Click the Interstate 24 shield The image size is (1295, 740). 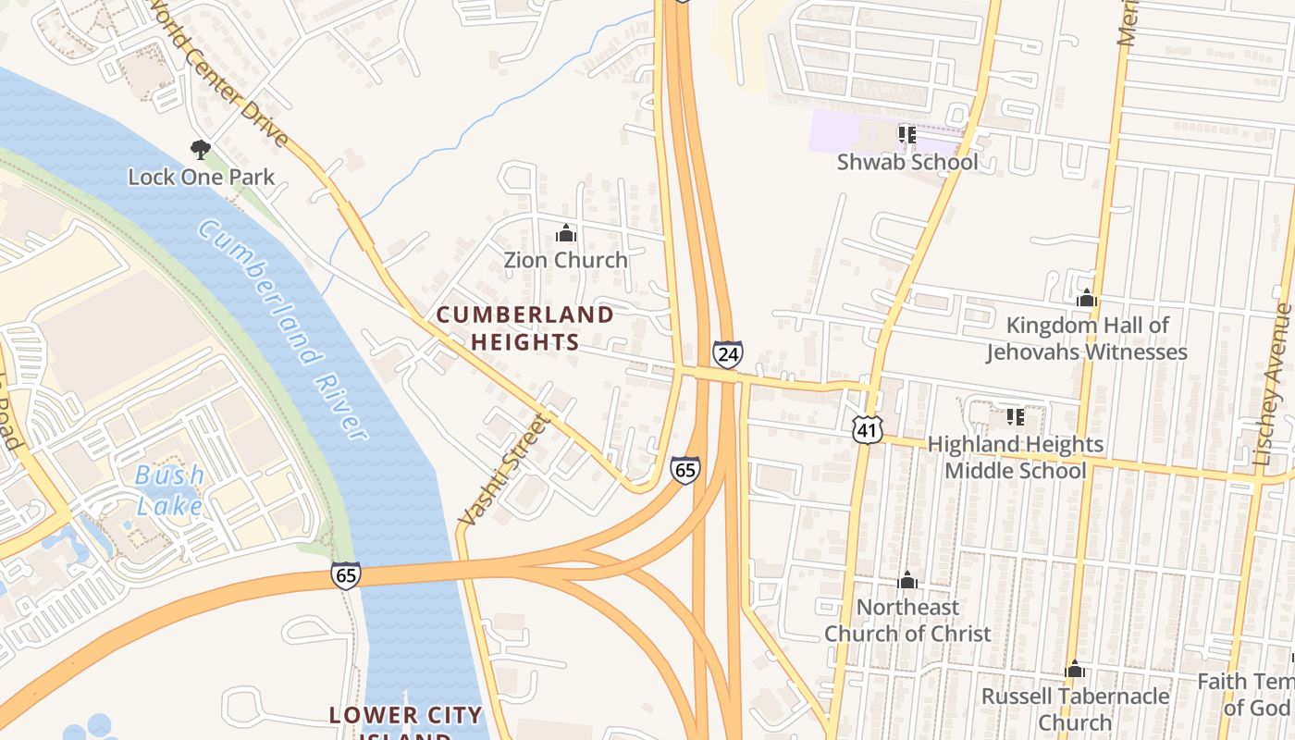coord(727,353)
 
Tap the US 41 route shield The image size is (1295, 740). coord(868,428)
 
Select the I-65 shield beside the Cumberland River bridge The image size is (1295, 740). coord(346,575)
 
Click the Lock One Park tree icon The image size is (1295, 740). coord(200,149)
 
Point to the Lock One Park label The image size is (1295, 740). coord(201,177)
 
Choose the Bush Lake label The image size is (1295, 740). coord(170,490)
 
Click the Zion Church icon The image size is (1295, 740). coord(565,234)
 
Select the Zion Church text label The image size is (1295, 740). coord(565,260)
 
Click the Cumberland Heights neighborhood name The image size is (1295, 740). coord(524,328)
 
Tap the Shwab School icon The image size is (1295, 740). coord(906,135)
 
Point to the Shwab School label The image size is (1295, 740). coord(906,162)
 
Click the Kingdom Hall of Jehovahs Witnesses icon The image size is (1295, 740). coord(1087,299)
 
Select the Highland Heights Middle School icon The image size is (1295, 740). coord(1015,417)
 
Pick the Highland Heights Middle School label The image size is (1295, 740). coord(1015,457)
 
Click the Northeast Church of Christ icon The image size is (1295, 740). coord(907,580)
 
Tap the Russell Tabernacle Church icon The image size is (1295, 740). coord(1075,669)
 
